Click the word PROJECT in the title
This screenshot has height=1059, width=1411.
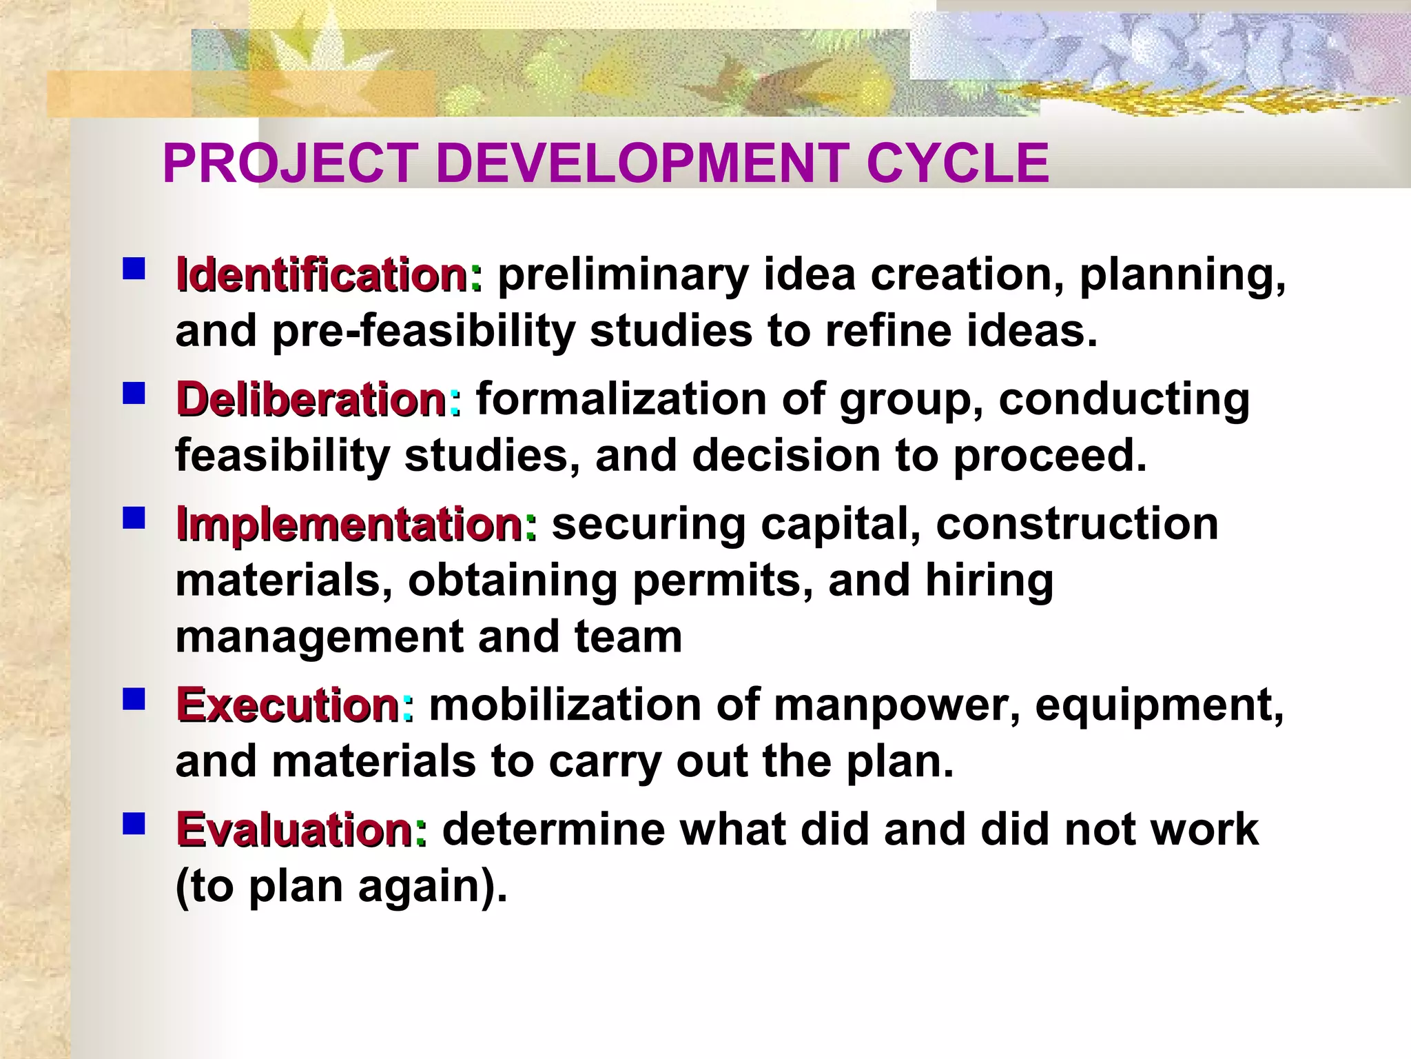[289, 163]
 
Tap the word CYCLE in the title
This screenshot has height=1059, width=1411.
[958, 163]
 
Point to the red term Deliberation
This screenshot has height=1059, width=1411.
[311, 400]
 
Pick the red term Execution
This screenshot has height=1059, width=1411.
[288, 705]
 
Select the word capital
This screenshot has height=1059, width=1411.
[841, 525]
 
